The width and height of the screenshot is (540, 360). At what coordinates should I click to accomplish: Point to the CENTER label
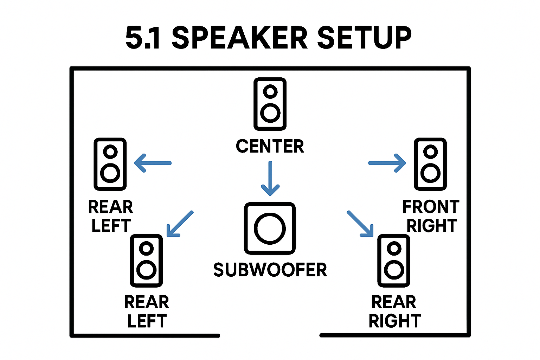270,146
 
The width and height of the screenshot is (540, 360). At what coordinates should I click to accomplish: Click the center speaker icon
270,104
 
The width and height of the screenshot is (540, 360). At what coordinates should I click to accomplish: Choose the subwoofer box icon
270,228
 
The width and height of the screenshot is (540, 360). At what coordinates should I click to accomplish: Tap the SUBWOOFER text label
270,270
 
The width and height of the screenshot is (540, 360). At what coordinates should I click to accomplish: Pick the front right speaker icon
430,164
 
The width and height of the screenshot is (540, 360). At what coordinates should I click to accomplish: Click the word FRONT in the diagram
431,207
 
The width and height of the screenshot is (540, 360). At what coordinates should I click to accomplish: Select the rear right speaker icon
394,261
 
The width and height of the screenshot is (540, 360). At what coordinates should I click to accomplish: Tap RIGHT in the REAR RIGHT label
394,321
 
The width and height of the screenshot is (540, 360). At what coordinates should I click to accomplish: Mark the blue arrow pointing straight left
153,163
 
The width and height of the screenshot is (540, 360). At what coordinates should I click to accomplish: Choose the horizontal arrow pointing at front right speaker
387,163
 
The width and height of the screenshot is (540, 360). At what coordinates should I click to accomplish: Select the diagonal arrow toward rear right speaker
360,224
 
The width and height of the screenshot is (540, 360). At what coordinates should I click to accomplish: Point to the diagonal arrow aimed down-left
180,224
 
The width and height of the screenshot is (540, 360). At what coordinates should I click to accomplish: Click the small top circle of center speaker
270,91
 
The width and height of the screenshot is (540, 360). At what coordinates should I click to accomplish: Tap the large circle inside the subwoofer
270,228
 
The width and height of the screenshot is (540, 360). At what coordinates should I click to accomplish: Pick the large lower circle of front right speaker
430,173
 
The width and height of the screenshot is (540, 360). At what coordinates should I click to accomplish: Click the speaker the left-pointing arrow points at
110,164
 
